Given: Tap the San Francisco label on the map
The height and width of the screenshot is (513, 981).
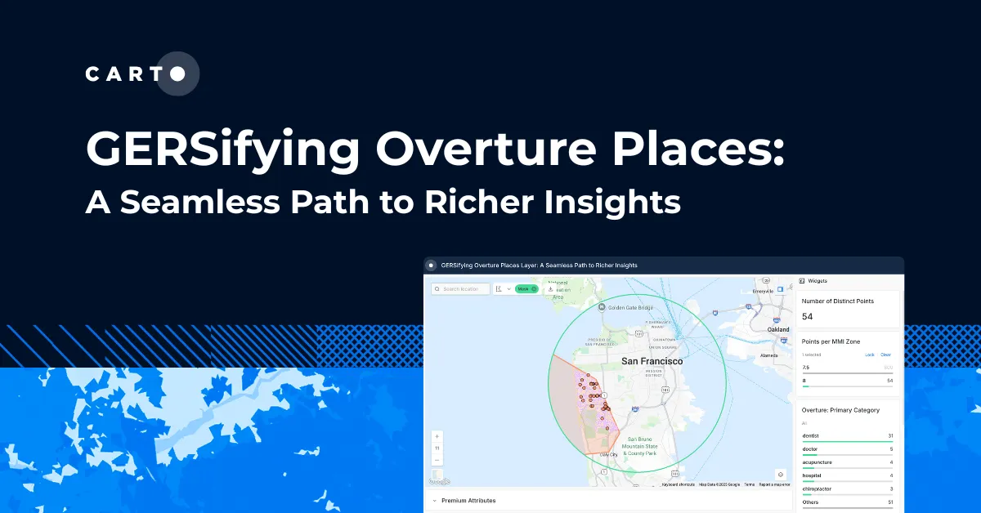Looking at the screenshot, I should click(652, 360).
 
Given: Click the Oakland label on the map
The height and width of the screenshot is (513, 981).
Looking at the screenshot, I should click(778, 329).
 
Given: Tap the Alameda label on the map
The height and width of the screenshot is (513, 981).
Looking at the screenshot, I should click(769, 355).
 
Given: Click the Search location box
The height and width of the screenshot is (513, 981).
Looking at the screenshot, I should click(462, 289).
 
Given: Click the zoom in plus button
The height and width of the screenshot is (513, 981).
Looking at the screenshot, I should click(437, 436).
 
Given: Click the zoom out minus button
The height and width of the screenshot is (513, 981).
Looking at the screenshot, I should click(437, 460).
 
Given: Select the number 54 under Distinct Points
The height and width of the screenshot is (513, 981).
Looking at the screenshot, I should click(807, 316).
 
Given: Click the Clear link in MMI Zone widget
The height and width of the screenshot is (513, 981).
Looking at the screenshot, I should click(885, 355).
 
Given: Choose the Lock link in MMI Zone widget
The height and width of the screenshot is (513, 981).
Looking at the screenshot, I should click(869, 355).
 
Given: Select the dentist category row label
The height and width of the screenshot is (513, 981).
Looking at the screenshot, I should click(810, 435).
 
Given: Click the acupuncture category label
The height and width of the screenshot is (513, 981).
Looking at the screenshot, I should click(817, 462).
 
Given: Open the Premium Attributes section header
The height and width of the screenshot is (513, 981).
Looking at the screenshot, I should click(468, 500).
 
